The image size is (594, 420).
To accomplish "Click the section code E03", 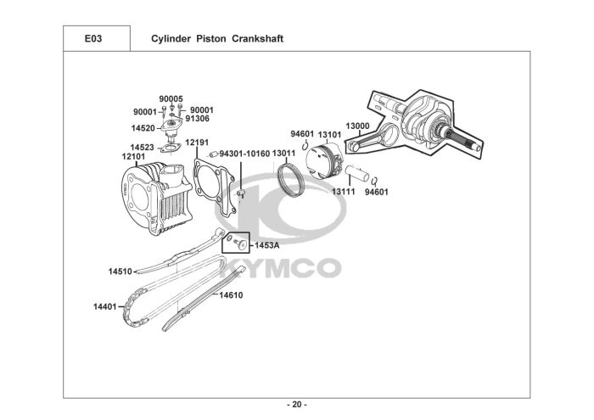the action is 93,39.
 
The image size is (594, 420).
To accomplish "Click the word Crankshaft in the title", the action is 257,39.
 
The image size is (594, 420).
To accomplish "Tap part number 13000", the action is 357,126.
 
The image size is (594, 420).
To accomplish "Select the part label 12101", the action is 133,156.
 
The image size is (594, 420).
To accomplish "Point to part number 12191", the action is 197,143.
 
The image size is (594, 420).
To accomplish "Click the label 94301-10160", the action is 244,154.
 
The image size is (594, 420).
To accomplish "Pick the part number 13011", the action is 283,154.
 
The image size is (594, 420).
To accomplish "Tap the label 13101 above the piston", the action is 329,134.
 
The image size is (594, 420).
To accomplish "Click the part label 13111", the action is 344,192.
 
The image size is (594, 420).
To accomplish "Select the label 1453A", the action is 266,245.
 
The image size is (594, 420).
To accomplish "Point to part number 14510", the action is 120,272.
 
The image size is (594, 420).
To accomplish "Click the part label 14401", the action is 105,306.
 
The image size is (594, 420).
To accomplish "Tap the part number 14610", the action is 231,295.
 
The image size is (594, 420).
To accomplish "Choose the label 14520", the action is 143,128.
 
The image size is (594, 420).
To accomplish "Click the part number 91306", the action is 198,119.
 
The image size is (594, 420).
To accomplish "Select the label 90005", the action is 171,98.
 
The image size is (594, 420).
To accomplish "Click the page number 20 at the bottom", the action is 297,405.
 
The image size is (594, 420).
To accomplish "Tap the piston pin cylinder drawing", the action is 356,173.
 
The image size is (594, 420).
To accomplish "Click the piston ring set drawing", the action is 291,180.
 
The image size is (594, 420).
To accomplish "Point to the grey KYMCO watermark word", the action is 280,268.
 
